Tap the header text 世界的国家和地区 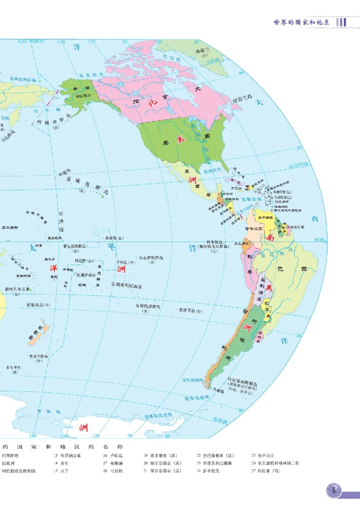[x=301, y=22]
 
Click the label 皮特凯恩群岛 [x=149, y=307]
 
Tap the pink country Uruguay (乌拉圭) [x=260, y=334]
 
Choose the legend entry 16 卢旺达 [x=111, y=455]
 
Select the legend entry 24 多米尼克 [x=210, y=471]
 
